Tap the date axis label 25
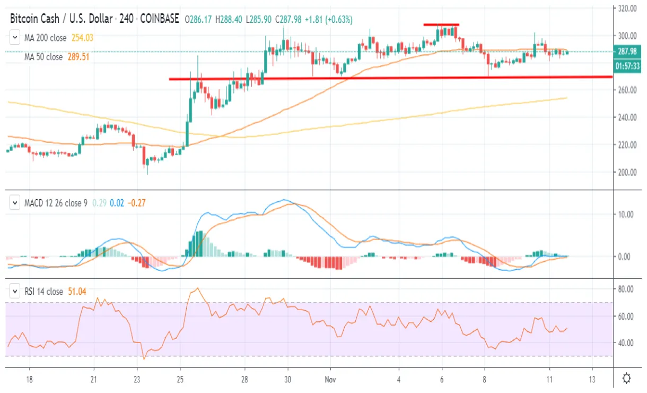pyautogui.click(x=180, y=379)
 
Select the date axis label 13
pyautogui.click(x=592, y=379)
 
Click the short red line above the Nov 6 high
pyautogui.click(x=441, y=25)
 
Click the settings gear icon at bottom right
pyautogui.click(x=626, y=379)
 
